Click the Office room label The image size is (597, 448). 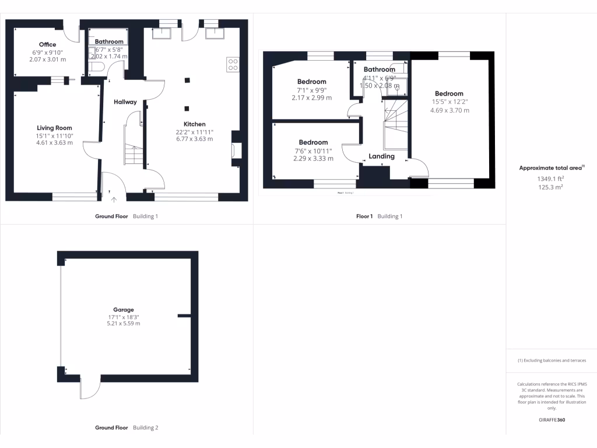[48, 44]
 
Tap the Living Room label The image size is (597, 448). [54, 128]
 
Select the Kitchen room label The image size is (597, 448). [195, 124]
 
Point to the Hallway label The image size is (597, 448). [125, 102]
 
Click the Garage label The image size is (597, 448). [124, 310]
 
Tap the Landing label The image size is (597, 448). [382, 156]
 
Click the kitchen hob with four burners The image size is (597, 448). [232, 64]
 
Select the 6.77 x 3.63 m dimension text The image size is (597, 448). [195, 139]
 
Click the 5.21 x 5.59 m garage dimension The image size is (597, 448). [124, 323]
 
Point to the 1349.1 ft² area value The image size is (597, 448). [551, 179]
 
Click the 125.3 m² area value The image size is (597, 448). [551, 187]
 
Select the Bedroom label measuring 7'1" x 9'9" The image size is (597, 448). [312, 82]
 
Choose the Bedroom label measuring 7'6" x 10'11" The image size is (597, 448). [314, 142]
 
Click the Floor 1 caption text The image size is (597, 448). [364, 216]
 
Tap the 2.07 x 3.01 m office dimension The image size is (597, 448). [48, 60]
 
